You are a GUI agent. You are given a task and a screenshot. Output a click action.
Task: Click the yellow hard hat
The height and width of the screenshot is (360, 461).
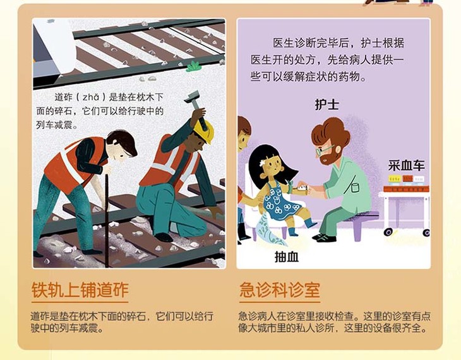pos(205,131)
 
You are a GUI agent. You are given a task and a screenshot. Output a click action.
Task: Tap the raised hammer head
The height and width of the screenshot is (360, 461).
pos(192,97)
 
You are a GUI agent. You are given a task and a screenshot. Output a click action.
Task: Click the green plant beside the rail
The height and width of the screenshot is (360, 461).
pos(193,67)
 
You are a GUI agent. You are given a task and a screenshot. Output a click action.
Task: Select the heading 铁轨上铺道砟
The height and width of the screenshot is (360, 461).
pos(80,290)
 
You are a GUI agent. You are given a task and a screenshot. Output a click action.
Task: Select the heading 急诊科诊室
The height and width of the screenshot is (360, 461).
pos(279,290)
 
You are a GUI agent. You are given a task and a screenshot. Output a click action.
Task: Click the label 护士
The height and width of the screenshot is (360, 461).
pos(327,104)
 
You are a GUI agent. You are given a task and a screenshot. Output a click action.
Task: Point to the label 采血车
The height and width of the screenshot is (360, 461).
pos(406,165)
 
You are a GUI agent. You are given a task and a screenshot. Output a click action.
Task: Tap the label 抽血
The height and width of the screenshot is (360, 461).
pos(287,257)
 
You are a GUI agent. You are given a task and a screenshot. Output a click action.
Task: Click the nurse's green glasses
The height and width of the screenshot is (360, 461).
pos(324,150)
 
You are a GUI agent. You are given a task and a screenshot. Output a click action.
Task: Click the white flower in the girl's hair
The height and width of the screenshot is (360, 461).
pos(263,162)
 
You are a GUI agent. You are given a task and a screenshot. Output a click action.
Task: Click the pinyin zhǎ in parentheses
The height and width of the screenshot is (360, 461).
pos(90,97)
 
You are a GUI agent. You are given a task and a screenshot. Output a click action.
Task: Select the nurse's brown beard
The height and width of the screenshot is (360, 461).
pos(330,157)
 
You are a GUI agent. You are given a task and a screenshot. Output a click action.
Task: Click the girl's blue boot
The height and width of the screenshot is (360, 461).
pos(309,222)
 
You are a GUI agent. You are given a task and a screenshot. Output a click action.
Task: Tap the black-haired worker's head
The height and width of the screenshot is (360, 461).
pos(122,143)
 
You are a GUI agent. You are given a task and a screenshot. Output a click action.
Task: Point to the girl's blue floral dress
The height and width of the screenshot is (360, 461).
pos(281,200)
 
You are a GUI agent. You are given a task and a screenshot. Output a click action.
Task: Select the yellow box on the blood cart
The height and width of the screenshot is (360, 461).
pos(395,179)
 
